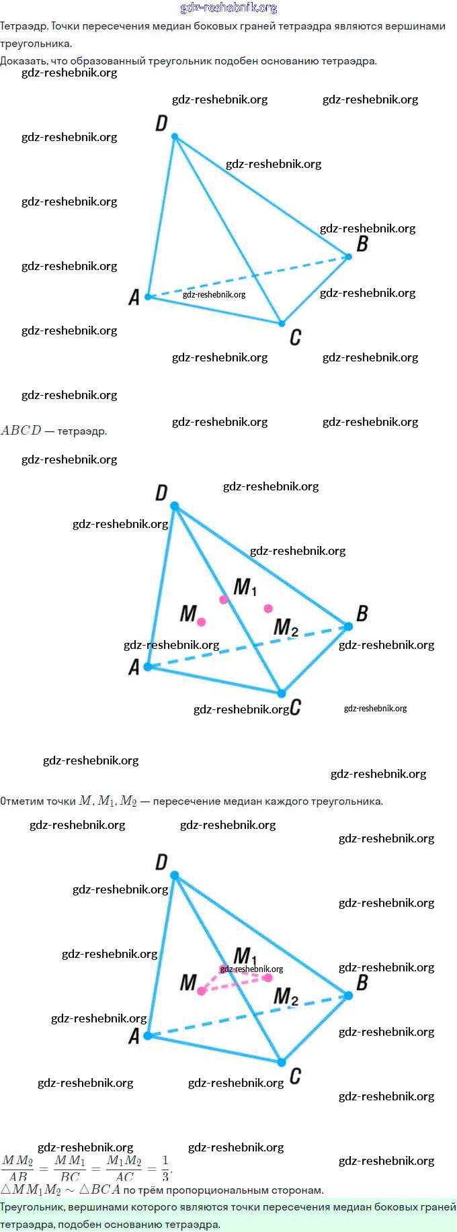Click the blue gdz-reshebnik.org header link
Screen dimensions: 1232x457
coord(229,7)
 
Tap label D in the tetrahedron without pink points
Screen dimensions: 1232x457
coord(161,123)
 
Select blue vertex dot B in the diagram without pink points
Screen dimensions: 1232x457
coord(348,256)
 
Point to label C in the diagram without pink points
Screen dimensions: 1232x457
coord(295,337)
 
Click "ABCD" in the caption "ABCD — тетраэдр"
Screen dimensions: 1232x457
coord(21,431)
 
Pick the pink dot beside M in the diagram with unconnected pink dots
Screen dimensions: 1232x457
coord(201,622)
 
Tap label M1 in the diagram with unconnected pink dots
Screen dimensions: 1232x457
coord(245,587)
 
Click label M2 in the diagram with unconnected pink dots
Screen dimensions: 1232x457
coord(286,628)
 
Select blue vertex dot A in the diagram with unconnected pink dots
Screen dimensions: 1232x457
coord(148,667)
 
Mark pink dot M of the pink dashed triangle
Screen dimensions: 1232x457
coord(201,991)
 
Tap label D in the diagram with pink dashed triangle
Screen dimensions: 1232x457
coord(161,862)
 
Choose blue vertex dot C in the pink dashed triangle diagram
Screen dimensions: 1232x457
coord(282,1062)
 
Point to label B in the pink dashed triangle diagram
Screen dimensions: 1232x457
coord(362,983)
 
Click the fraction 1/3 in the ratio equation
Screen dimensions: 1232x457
coord(165,1168)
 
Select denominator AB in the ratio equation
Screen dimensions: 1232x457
coord(18,1176)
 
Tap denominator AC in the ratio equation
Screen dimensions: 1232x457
coord(125,1176)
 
